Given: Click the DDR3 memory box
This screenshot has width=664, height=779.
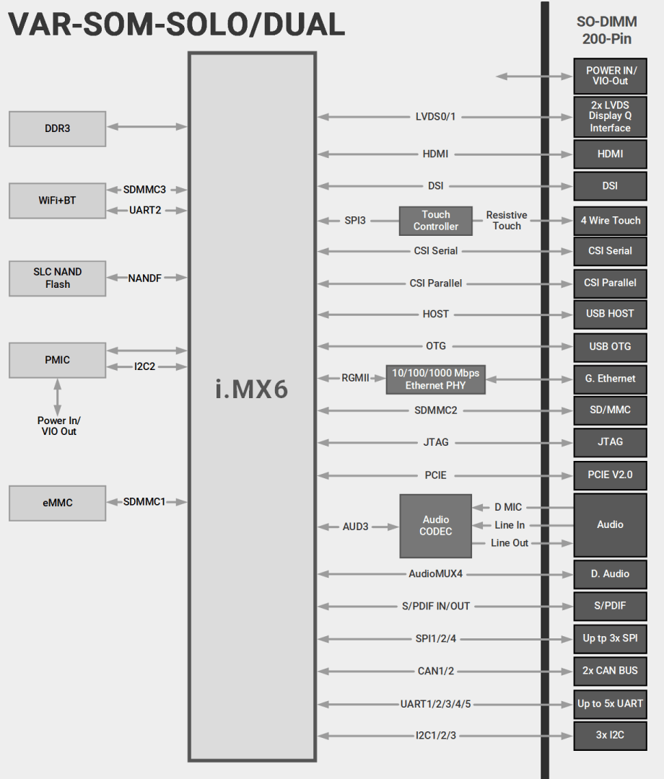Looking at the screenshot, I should [x=58, y=129].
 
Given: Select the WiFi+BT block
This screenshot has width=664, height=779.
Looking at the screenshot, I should [x=58, y=201].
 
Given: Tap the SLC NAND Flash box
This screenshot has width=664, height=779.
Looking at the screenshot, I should [x=58, y=278].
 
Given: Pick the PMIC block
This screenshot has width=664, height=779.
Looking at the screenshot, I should [x=58, y=360].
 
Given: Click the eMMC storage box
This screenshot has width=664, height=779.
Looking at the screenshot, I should [x=58, y=503].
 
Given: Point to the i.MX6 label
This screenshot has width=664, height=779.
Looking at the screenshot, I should [x=252, y=389].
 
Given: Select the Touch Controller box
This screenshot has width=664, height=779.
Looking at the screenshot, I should [x=436, y=221].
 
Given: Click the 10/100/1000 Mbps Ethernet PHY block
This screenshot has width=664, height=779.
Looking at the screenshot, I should [x=436, y=379].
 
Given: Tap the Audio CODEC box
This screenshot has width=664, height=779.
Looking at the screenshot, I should [x=436, y=525].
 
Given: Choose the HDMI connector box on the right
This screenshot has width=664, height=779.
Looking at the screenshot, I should [x=610, y=154].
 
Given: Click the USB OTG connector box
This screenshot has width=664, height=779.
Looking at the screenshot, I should [x=610, y=346].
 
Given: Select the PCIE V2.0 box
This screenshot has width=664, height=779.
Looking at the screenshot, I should [x=610, y=475].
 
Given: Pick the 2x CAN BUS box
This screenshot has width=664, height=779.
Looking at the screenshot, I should [x=610, y=671].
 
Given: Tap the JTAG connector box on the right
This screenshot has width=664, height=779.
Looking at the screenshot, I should [x=610, y=441].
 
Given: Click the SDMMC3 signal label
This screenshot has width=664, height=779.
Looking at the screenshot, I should [x=144, y=190].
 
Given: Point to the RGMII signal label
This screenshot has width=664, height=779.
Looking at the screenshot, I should [x=356, y=378].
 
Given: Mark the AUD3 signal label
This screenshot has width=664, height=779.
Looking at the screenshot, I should [x=355, y=527].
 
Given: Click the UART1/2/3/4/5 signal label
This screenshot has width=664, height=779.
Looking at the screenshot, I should [x=436, y=704].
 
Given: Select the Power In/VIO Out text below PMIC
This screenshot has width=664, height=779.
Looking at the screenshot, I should [x=58, y=426].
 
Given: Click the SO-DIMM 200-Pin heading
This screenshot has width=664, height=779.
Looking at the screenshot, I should [x=607, y=30].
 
